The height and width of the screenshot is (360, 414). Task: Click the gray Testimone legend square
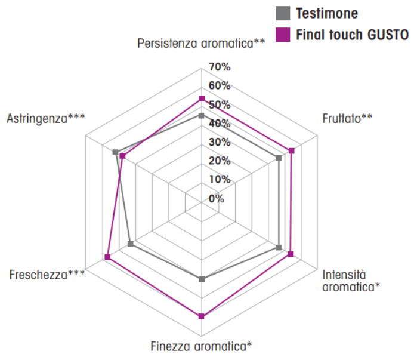283,13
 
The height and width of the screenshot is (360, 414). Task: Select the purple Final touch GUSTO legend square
283,35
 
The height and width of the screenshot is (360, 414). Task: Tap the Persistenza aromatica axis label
201,44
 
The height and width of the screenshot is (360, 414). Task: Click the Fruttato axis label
347,118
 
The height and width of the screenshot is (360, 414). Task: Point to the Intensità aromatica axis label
351,281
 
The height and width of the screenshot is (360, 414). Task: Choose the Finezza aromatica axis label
201,346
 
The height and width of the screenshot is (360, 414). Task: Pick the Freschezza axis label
47,275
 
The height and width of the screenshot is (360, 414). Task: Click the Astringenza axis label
46,119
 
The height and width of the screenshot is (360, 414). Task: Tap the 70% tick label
220,67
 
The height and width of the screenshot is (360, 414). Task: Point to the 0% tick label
217,198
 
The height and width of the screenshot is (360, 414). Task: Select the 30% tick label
220,142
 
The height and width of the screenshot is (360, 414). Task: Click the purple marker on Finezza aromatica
202,316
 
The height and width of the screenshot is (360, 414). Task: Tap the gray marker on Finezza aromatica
202,279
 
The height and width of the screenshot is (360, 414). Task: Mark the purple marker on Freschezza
107,257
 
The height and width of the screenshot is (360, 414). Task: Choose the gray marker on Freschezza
131,244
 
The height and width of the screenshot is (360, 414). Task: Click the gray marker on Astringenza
115,152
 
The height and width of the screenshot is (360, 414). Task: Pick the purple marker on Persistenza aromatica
202,99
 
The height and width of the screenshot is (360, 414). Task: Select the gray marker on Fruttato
279,158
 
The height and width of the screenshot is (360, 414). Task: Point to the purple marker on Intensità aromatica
291,254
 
